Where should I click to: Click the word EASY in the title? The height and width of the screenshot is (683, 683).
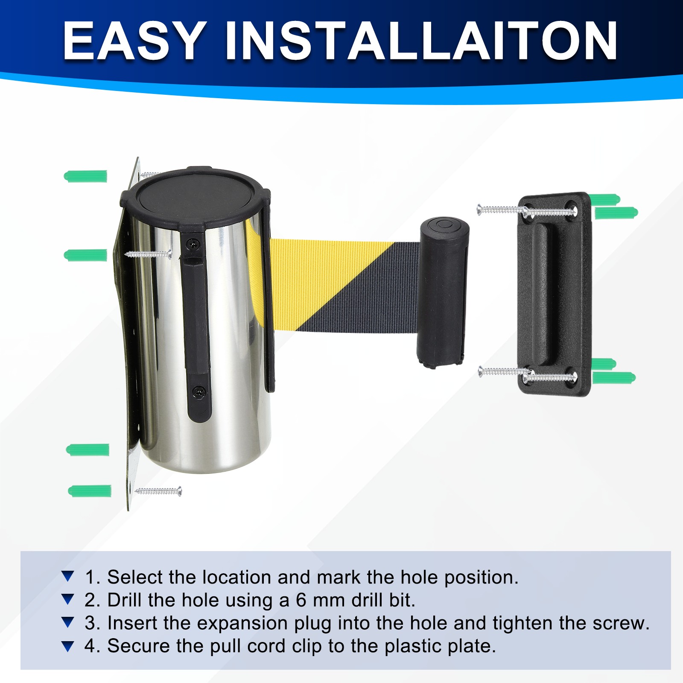tap(133, 41)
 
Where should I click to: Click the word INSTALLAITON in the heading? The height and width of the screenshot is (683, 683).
tap(422, 41)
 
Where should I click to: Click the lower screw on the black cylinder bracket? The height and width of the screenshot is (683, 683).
tap(199, 391)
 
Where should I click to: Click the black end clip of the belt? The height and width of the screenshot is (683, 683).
tap(443, 292)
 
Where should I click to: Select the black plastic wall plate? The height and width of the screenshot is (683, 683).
tap(555, 294)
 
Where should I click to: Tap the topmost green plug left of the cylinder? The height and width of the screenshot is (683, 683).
tap(85, 176)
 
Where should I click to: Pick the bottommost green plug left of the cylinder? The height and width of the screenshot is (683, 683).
tap(90, 490)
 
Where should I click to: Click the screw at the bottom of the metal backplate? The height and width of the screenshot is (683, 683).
tap(158, 491)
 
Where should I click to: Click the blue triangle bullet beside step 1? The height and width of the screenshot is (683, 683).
tap(68, 577)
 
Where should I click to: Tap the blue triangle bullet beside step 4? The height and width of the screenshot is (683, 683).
tap(68, 646)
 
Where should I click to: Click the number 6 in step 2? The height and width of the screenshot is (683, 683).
tap(301, 600)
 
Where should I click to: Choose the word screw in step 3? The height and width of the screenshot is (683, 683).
tap(621, 623)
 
